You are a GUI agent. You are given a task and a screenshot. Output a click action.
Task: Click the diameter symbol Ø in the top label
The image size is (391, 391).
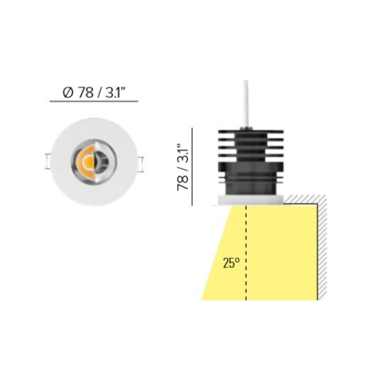point(68,92)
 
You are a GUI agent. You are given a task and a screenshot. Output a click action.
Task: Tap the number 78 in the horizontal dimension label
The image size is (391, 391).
point(86,92)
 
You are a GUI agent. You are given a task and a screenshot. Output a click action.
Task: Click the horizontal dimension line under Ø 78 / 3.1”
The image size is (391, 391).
point(94,101)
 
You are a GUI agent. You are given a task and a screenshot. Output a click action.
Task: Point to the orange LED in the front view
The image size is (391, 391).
point(87,161)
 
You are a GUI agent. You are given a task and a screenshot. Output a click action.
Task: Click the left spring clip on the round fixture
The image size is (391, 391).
point(48,161)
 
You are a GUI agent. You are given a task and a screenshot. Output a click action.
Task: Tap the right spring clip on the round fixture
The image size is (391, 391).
point(141,164)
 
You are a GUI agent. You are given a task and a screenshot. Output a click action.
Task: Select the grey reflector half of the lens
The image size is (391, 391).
point(102,162)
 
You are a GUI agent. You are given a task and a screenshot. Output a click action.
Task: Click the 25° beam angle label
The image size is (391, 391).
point(231,263)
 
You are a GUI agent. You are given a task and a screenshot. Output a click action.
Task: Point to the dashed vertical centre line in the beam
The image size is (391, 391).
point(246,253)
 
